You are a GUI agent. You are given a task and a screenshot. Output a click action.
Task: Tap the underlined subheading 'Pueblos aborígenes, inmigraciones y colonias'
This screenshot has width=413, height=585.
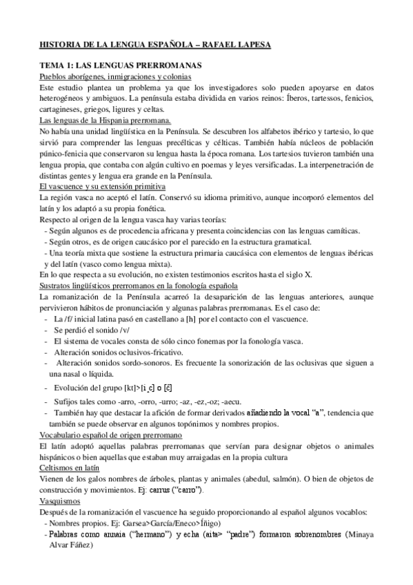point(115,77)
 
